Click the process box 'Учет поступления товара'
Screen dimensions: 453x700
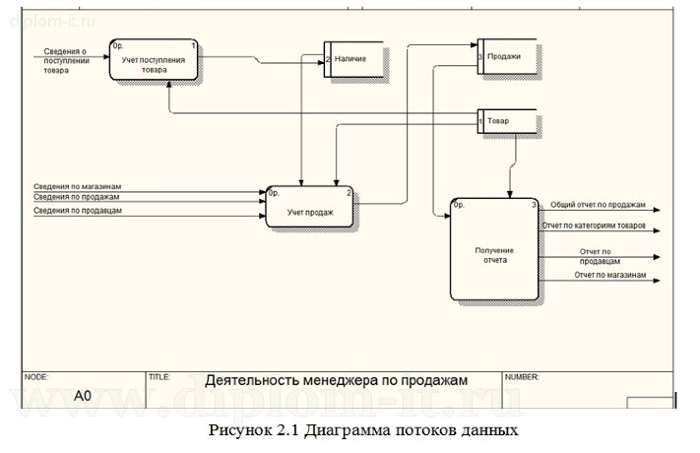pos(154,64)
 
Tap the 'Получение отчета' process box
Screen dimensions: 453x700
pos(494,254)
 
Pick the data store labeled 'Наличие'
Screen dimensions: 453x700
pos(353,59)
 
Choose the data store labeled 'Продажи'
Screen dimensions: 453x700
pos(506,56)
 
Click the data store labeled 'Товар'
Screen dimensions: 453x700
pos(507,121)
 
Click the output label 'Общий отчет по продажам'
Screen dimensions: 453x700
pos(598,205)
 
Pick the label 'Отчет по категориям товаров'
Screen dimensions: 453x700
pos(594,226)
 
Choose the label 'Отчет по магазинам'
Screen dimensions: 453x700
pos(610,275)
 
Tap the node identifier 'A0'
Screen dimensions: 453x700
pos(84,396)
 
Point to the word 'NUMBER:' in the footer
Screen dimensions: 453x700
pos(523,376)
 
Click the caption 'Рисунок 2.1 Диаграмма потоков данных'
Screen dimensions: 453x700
pos(362,431)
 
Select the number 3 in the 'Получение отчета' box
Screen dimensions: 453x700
pos(534,205)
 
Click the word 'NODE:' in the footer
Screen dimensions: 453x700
pos(36,376)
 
